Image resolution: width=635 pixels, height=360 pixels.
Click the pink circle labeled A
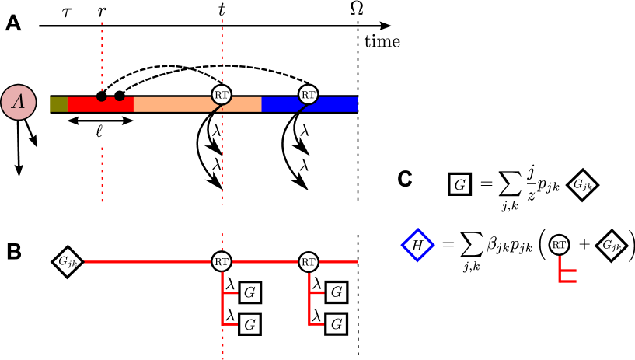pos(18,102)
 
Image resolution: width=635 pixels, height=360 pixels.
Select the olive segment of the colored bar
pos(58,104)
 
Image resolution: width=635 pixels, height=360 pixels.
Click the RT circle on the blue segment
pos(309,95)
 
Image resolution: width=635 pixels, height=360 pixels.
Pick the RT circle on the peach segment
pos(222,95)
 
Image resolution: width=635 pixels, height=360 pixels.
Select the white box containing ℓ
pos(101,131)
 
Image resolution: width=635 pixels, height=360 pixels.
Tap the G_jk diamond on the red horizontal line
pos(68,262)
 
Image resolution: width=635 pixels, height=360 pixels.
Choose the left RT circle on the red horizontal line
pos(222,262)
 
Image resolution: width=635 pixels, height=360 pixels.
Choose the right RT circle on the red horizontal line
pos(309,262)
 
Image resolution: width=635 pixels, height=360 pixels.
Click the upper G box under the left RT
pos(249,293)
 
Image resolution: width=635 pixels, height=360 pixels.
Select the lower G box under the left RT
pos(249,324)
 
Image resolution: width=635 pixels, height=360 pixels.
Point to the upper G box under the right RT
pos(336,293)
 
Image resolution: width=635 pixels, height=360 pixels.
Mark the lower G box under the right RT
pos(336,324)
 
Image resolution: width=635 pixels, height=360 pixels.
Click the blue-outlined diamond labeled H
pos(417,246)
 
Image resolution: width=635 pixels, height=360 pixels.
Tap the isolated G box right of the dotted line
pos(460,184)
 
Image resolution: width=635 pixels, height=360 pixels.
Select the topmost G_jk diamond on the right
pos(582,185)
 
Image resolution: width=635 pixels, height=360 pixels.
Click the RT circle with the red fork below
pos(559,245)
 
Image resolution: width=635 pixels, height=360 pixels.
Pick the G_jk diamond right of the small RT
pos(612,246)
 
